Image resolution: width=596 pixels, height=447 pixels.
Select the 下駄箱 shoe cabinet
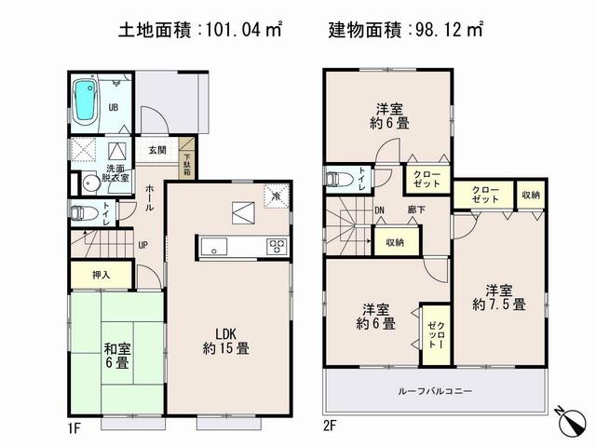coord(187,164)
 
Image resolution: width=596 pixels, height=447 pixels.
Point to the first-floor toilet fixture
coord(81,212)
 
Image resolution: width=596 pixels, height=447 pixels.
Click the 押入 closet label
coord(102,275)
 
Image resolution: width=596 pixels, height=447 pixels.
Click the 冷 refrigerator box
coord(276,196)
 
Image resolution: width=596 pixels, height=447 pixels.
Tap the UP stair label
coord(142,246)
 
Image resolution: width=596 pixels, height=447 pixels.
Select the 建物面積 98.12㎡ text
coord(406,30)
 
